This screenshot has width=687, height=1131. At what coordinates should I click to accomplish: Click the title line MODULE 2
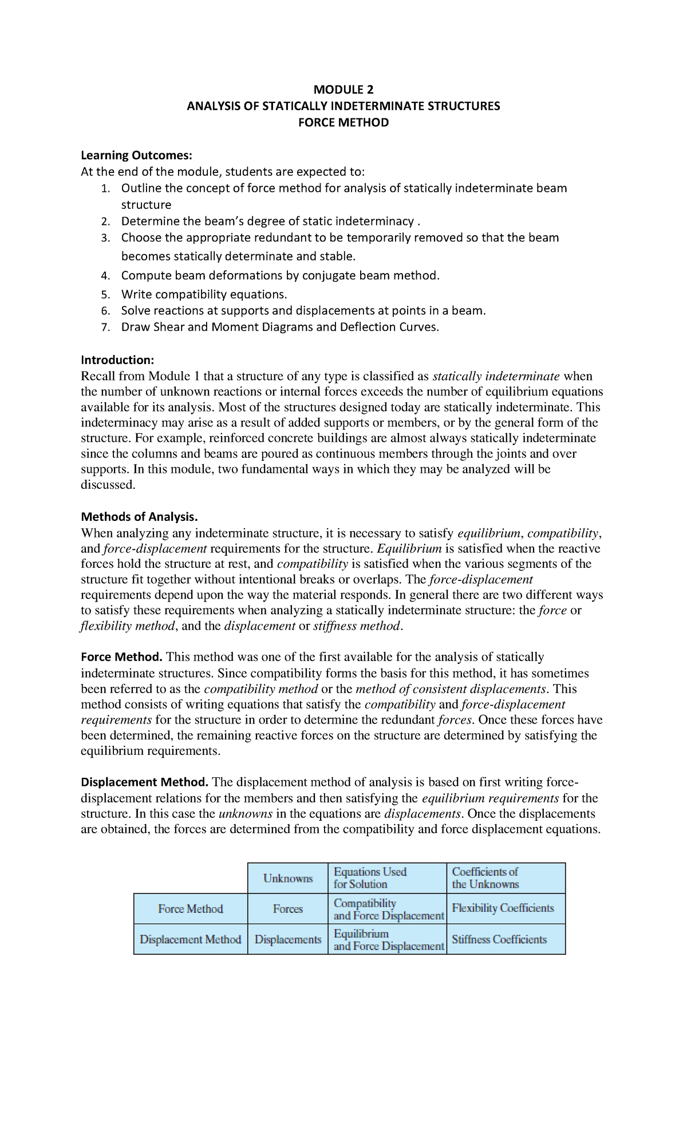point(343,89)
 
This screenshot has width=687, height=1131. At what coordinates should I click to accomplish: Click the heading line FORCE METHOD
point(343,122)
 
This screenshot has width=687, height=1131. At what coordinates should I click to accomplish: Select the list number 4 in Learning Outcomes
point(105,276)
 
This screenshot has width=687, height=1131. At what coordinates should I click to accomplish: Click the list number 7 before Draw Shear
point(105,327)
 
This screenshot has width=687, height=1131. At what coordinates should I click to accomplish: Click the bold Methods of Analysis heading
point(139,517)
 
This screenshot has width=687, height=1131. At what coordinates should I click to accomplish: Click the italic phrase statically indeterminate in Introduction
point(496,376)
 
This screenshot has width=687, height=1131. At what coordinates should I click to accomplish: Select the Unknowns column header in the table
point(288,878)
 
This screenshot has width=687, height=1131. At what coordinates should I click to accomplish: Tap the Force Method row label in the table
point(191,909)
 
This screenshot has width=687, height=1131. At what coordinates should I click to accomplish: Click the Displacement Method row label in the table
point(191,939)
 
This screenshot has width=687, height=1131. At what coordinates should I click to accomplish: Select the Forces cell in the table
point(288,909)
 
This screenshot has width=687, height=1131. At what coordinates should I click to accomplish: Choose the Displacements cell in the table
point(288,940)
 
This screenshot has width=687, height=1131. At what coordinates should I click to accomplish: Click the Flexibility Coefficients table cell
point(503,908)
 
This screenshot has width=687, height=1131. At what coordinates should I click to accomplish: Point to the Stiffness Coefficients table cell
point(499,939)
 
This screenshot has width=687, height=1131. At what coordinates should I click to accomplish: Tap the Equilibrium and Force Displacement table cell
point(388,940)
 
